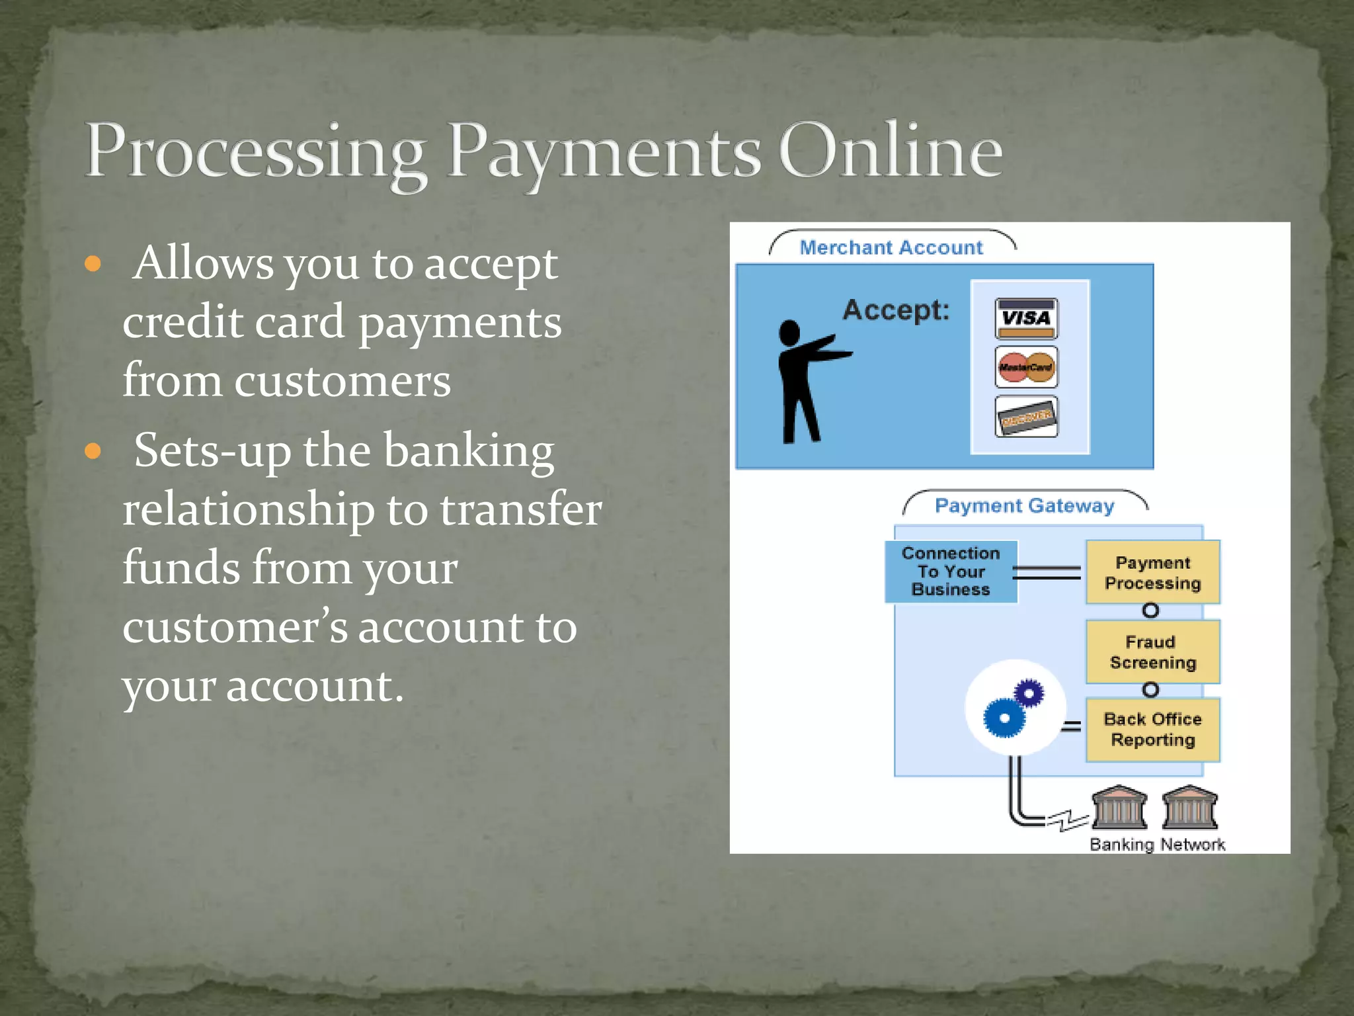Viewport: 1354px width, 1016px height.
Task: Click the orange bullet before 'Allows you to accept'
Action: tap(93, 265)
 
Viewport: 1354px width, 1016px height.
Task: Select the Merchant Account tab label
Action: tap(891, 247)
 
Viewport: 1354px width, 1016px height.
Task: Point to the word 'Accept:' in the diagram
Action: tap(895, 310)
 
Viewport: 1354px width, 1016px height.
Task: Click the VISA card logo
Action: tap(1025, 318)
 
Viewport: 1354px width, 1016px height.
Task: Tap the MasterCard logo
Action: tap(1025, 367)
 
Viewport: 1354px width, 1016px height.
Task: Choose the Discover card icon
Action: tap(1025, 417)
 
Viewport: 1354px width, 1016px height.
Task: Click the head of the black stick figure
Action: tap(789, 332)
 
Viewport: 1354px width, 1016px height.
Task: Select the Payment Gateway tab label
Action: tap(1023, 505)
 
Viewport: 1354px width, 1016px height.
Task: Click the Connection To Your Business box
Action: tap(950, 571)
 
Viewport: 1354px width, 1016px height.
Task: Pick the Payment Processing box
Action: tap(1152, 572)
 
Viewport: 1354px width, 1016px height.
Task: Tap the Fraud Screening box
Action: tap(1152, 652)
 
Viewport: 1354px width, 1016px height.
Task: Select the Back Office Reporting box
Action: tap(1152, 729)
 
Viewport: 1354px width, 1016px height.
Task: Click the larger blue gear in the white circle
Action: tap(1004, 718)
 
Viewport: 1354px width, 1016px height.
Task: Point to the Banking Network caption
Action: tap(1157, 844)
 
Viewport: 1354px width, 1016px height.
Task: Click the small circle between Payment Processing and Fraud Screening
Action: tap(1150, 610)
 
